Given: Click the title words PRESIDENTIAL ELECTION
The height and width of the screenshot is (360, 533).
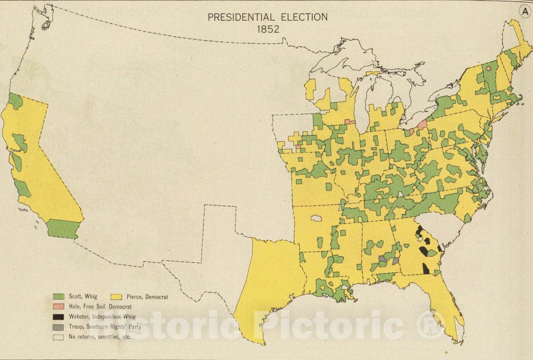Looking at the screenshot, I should click(267, 17).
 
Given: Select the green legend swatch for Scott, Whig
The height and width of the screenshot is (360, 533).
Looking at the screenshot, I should click(58, 297).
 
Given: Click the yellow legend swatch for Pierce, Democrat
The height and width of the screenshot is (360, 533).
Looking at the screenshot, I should click(116, 297).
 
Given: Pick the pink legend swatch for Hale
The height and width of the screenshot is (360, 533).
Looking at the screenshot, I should click(58, 306).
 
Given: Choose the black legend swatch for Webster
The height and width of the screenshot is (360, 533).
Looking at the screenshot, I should click(58, 316).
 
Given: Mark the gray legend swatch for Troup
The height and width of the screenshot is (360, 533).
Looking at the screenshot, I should click(58, 327).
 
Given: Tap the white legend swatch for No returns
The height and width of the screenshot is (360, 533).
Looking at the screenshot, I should click(58, 337).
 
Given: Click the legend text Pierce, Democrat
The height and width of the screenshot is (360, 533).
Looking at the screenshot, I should click(147, 297).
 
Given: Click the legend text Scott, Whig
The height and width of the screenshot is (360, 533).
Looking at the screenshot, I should click(83, 297).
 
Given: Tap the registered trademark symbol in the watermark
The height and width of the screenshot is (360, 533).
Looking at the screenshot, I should click(429, 325).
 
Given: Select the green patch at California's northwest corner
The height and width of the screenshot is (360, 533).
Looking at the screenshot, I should click(15, 101).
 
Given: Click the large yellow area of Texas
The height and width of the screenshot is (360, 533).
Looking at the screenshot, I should click(269, 285).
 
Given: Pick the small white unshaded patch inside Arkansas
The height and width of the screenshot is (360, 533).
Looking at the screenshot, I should click(316, 218).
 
